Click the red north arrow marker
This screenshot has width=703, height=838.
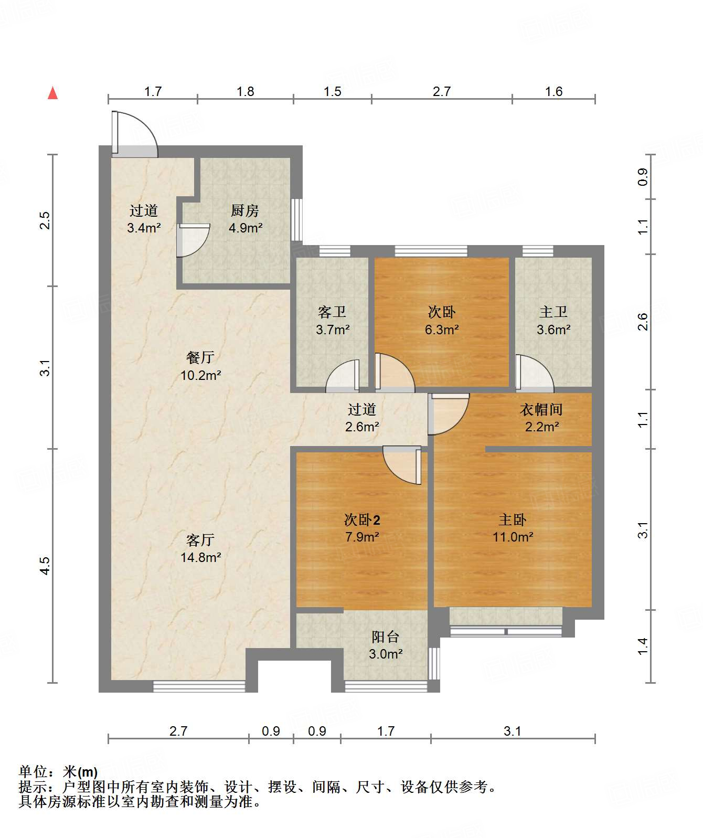click(52, 93)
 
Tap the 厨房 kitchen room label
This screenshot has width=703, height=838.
click(245, 210)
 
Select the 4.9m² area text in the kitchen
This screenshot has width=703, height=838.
click(246, 228)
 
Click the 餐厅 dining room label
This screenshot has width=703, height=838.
click(200, 357)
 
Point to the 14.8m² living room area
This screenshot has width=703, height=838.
click(200, 557)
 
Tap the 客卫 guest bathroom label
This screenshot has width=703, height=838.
click(332, 312)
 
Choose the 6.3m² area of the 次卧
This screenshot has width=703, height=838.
click(442, 330)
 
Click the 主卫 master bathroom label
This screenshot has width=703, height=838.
click(553, 312)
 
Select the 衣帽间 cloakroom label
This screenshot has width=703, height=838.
click(541, 409)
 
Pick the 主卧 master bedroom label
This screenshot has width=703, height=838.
click(513, 519)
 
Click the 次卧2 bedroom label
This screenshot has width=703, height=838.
click(362, 519)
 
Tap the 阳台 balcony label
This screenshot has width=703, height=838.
click(385, 637)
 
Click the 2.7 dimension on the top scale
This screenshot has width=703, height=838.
click(441, 91)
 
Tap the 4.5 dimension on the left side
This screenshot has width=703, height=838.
click(45, 566)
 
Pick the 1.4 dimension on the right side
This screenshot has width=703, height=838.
click(643, 646)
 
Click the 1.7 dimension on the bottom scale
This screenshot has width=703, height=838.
click(386, 731)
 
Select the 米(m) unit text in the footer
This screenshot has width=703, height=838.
click(80, 771)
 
